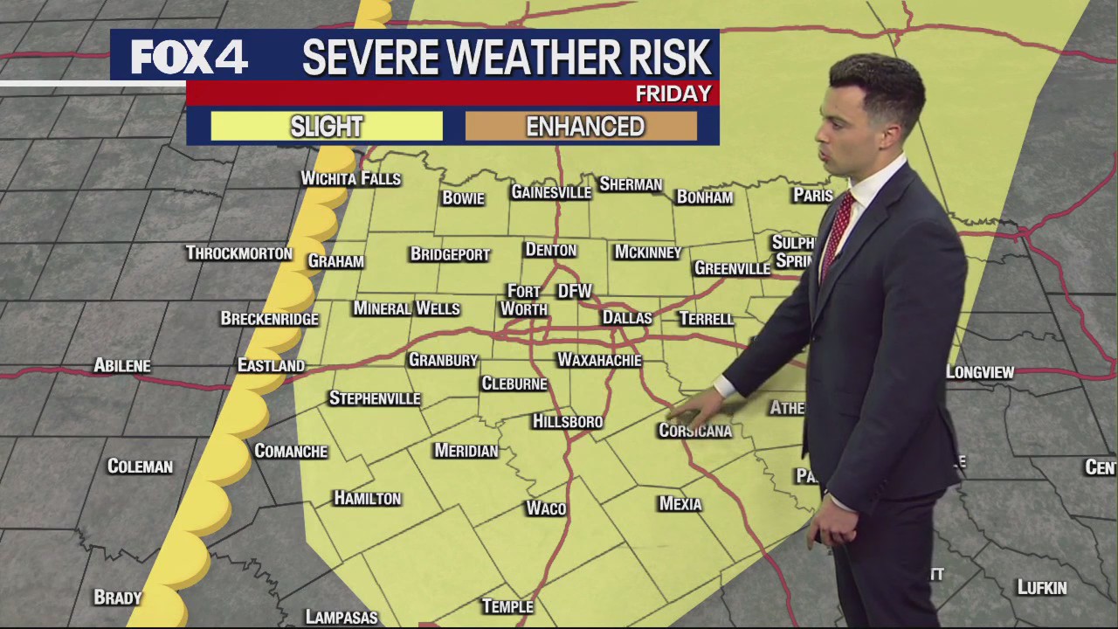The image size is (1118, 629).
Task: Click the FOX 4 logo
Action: tap(190, 57)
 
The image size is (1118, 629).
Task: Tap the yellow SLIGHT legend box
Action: tap(327, 127)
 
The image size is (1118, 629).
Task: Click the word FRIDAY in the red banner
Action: tap(673, 93)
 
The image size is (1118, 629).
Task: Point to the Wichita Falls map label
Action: tap(350, 178)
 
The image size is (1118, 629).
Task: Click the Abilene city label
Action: tap(122, 366)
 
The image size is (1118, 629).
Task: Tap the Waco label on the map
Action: tap(546, 508)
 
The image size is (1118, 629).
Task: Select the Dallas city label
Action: tap(627, 318)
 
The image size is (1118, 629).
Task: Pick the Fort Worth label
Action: tap(524, 300)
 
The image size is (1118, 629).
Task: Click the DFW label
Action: tap(575, 291)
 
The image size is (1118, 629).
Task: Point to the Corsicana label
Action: tap(694, 431)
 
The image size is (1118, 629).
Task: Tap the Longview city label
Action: tap(979, 372)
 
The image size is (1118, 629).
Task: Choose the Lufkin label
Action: tap(1041, 588)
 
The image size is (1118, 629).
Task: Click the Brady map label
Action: tap(118, 598)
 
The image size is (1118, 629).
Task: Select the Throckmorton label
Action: tap(238, 253)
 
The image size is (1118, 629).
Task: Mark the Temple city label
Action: tap(507, 606)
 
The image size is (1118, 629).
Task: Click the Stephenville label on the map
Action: tap(375, 398)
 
